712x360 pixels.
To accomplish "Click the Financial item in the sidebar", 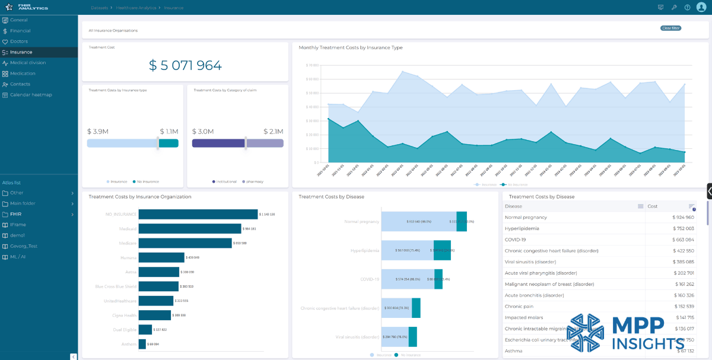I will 20,31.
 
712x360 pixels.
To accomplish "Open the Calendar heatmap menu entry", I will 31,95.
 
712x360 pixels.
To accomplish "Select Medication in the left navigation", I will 23,74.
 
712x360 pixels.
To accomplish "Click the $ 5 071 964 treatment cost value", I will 185,65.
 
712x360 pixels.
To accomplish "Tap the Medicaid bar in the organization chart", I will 190,228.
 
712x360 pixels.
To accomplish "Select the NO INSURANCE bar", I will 198,214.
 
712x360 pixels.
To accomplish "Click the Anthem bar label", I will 129,344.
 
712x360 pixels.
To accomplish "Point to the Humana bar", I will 161,257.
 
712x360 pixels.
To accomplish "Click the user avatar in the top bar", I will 701,7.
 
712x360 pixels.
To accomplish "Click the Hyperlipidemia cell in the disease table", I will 525,228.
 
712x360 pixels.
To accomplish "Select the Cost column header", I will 653,206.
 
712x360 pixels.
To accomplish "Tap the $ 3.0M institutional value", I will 202,132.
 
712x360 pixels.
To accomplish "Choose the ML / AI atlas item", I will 19,257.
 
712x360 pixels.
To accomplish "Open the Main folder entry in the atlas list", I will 23,203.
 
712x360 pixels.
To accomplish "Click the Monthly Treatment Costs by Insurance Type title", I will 350,47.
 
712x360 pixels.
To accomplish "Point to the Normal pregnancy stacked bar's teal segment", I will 462,221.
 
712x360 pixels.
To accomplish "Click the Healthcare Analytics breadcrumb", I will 136,8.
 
